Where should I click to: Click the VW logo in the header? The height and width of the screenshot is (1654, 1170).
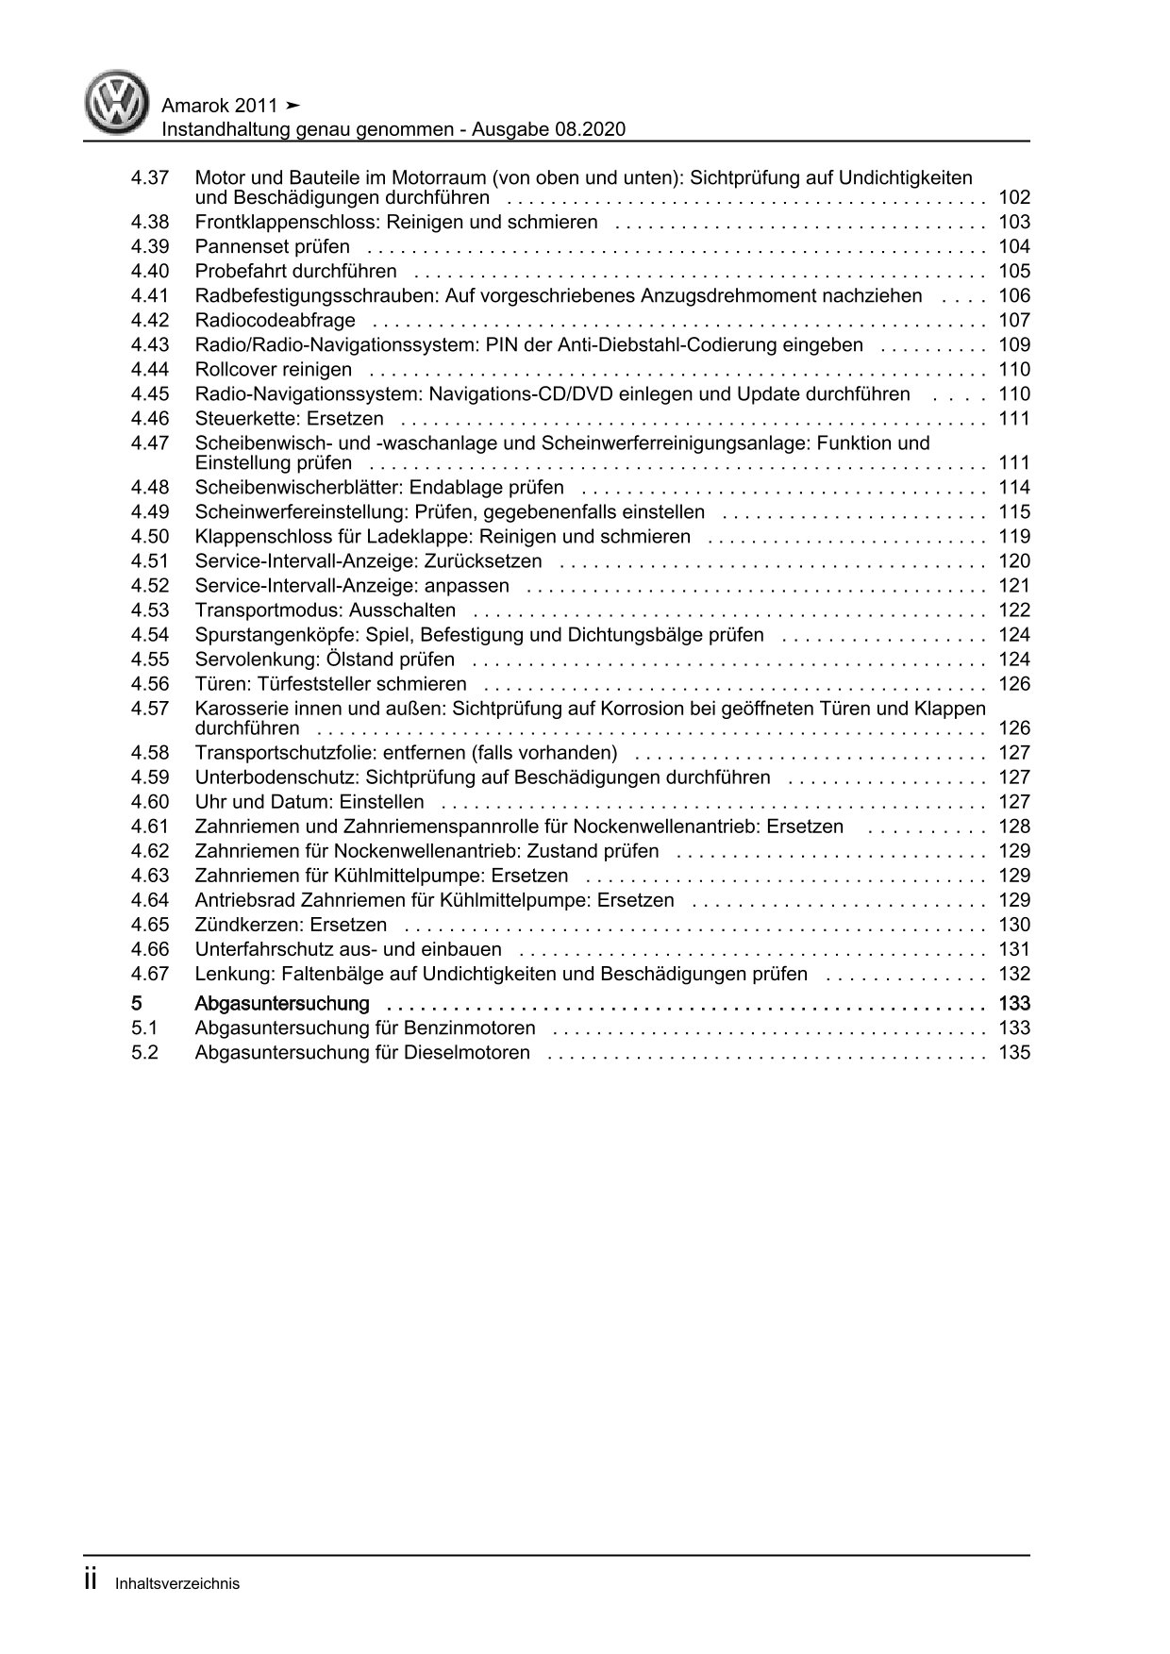pyautogui.click(x=117, y=104)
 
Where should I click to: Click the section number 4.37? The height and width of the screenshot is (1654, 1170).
pyautogui.click(x=150, y=177)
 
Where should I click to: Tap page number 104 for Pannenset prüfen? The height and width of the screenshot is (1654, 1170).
pyautogui.click(x=1014, y=247)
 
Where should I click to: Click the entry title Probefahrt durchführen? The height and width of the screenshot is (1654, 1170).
pyautogui.click(x=295, y=272)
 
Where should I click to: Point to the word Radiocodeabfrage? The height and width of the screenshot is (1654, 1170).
pyautogui.click(x=275, y=321)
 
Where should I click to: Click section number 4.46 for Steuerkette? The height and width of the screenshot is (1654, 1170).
pyautogui.click(x=150, y=419)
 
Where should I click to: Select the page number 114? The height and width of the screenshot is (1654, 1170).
pyautogui.click(x=1014, y=488)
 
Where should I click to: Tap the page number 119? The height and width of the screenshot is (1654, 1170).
pyautogui.click(x=1014, y=537)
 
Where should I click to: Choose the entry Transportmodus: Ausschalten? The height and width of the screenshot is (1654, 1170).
pyautogui.click(x=325, y=610)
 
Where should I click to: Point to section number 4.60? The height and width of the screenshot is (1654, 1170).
pyautogui.click(x=150, y=802)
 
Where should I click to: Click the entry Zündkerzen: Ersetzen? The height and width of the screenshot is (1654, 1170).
pyautogui.click(x=291, y=925)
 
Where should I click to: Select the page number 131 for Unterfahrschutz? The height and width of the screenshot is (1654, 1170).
pyautogui.click(x=1014, y=949)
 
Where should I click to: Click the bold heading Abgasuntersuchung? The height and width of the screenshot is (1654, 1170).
pyautogui.click(x=281, y=1003)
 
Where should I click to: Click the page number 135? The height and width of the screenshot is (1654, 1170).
pyautogui.click(x=1014, y=1053)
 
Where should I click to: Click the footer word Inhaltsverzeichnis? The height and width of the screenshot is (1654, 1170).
pyautogui.click(x=177, y=1584)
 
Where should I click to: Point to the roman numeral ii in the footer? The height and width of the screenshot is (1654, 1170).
pyautogui.click(x=92, y=1580)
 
